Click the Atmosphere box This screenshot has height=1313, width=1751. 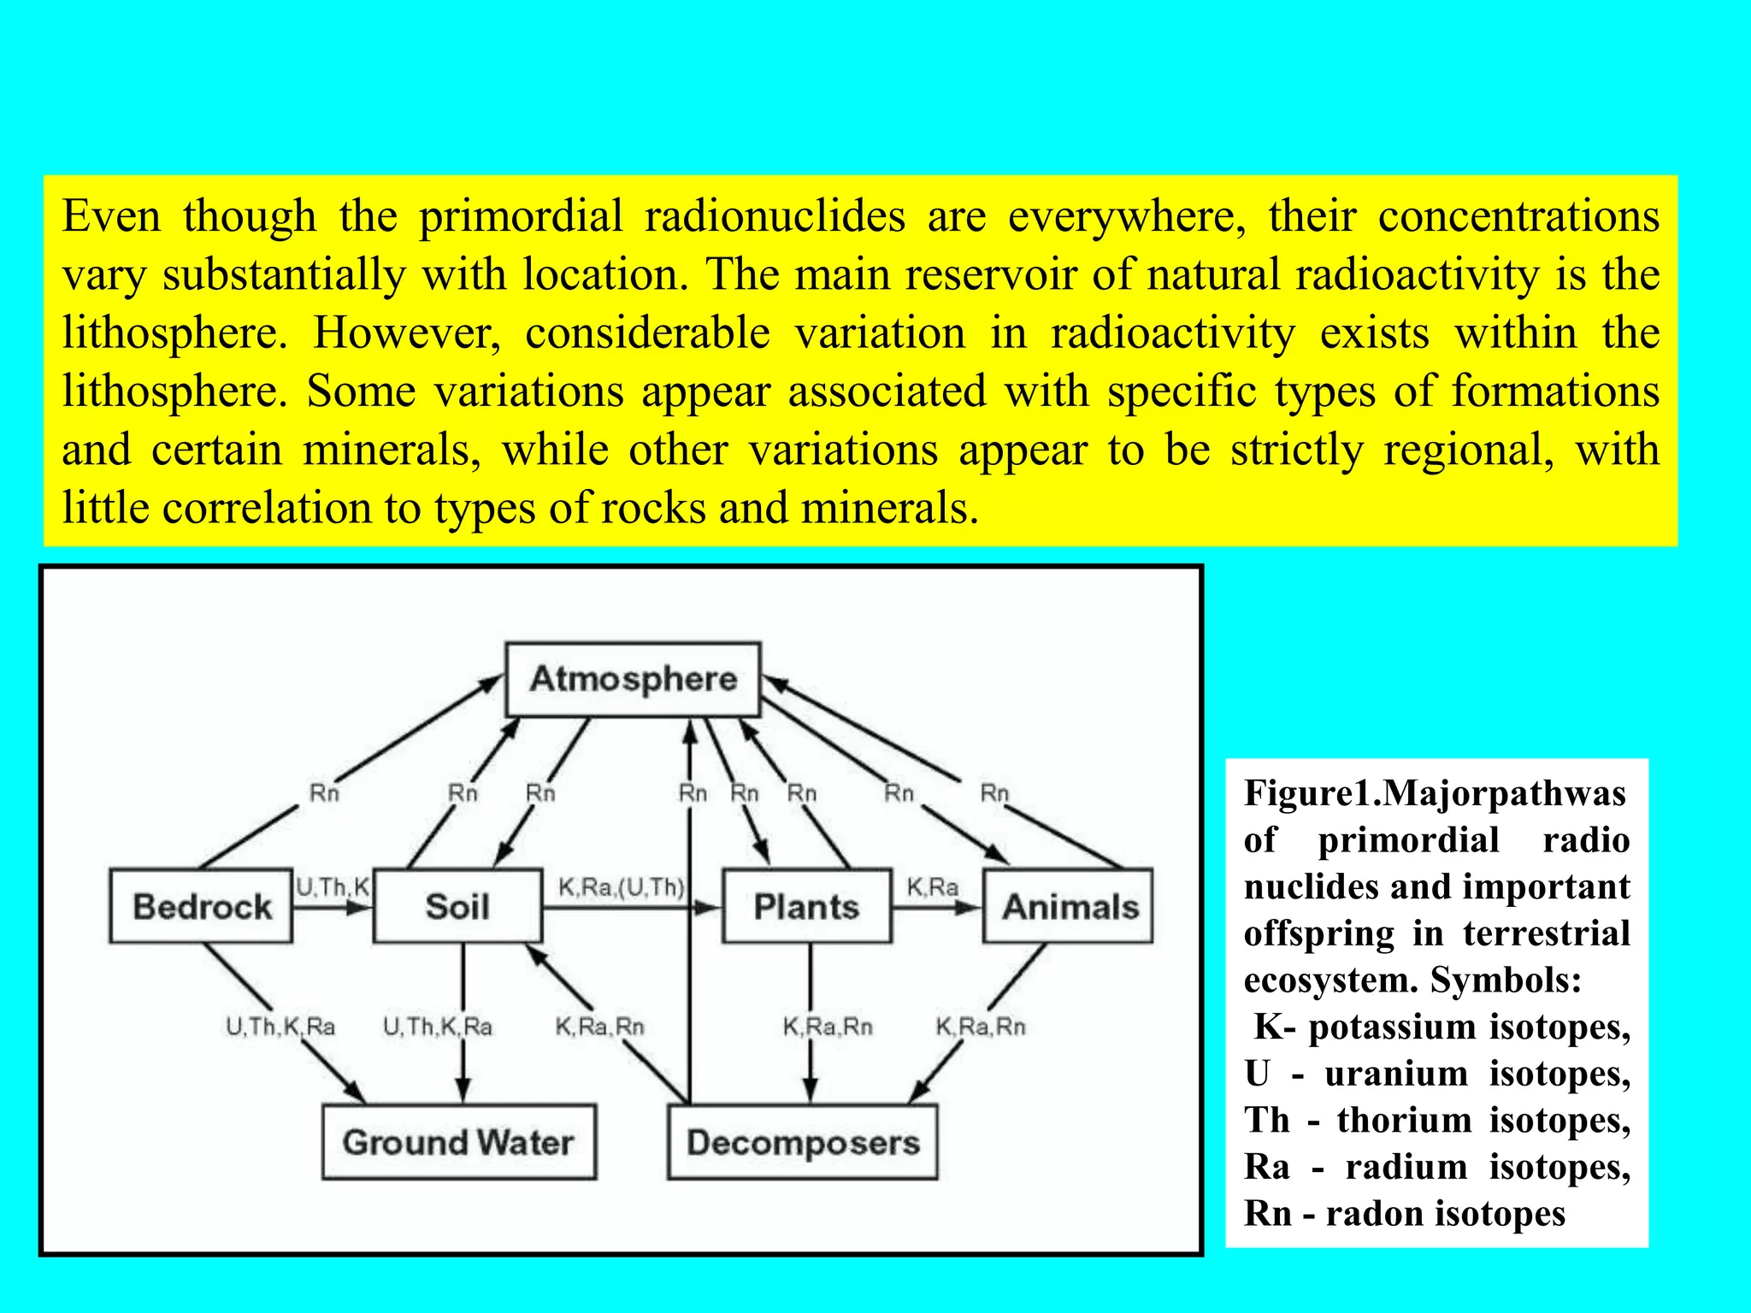[633, 680]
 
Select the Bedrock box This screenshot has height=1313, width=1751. [202, 906]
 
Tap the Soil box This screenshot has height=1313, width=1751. [457, 906]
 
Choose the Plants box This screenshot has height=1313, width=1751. [806, 906]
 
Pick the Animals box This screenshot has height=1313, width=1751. [1069, 906]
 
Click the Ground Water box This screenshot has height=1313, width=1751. [458, 1142]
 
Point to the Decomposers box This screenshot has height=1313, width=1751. [802, 1142]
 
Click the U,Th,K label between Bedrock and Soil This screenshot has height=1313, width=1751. [333, 886]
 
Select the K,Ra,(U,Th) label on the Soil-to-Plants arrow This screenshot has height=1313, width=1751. [622, 887]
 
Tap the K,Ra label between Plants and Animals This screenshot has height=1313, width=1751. [932, 887]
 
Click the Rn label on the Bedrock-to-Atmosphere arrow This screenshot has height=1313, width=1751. [324, 793]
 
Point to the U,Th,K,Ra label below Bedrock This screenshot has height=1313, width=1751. [280, 1027]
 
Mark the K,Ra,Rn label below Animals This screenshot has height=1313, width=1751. [981, 1027]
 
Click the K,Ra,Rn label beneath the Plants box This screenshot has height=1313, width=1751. [828, 1027]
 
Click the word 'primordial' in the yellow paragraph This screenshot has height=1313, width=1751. [520, 216]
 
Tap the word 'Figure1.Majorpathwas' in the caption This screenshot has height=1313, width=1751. [1435, 793]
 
